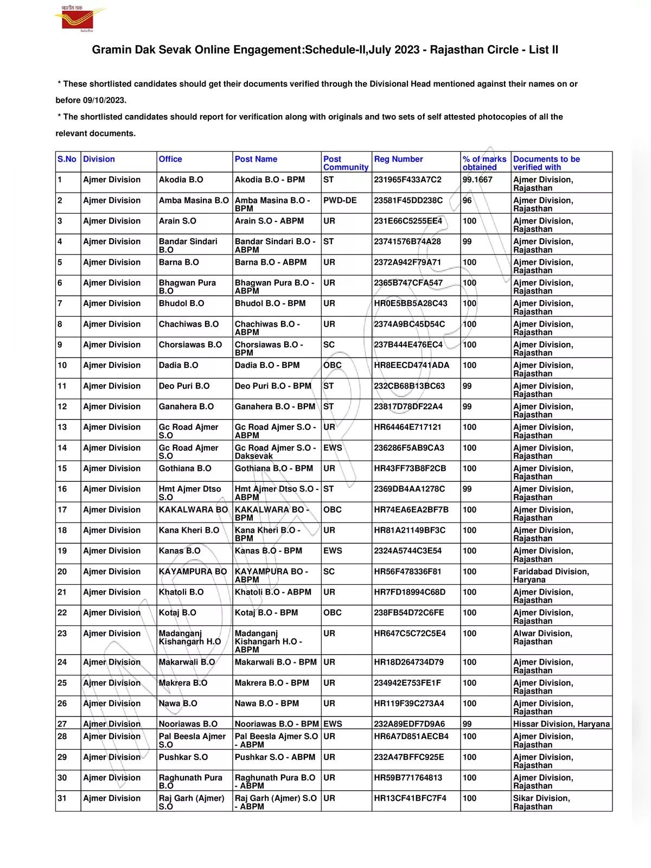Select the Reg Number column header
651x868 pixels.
point(398,159)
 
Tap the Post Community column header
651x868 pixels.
point(345,163)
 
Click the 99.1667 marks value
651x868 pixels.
point(477,180)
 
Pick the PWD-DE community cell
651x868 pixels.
point(340,200)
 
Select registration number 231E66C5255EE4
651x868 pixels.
point(407,221)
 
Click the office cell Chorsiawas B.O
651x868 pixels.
point(190,344)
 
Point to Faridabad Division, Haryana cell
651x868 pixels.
point(551,576)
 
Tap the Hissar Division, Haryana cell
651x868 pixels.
point(561,724)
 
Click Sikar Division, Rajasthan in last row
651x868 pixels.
point(541,802)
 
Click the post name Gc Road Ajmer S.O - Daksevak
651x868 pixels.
point(275,452)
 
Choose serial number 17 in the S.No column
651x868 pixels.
point(62,509)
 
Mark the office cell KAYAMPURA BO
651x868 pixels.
point(193,571)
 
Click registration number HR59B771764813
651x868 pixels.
point(407,777)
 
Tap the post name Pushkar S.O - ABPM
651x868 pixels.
point(275,757)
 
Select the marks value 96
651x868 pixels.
point(467,200)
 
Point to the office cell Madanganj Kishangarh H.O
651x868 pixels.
point(189,637)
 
